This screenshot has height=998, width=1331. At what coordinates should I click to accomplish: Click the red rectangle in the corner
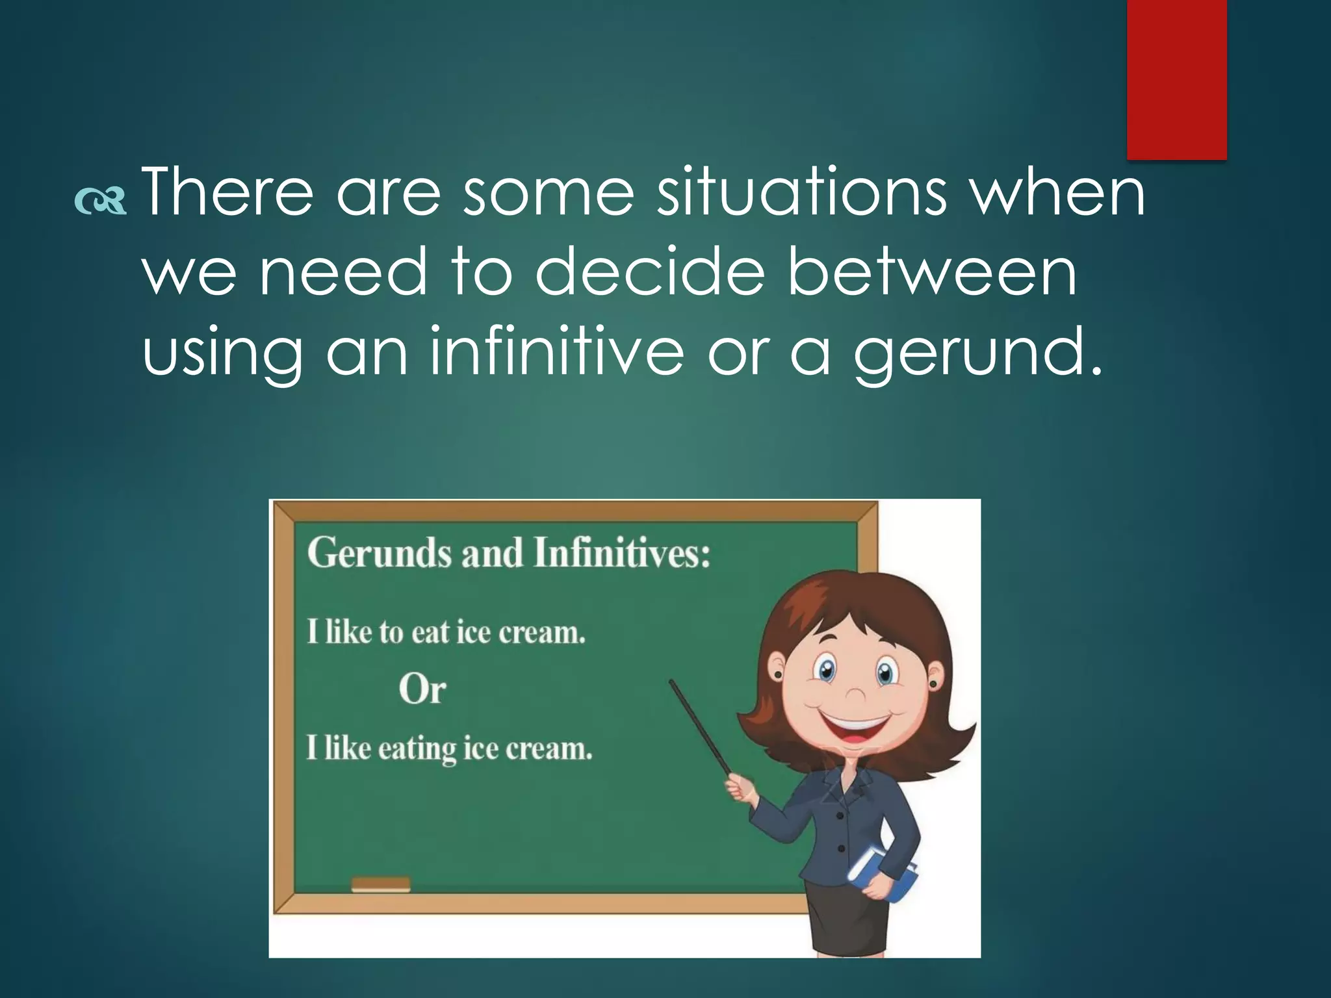tap(1176, 78)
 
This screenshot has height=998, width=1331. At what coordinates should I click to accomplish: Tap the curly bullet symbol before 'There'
tap(100, 201)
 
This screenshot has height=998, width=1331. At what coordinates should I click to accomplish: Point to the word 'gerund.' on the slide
tap(979, 354)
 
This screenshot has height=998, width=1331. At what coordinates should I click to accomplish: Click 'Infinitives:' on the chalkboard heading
tap(622, 553)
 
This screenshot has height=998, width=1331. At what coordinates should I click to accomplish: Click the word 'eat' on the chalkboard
tap(430, 632)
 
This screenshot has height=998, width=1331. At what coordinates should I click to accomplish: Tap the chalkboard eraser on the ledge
tap(381, 884)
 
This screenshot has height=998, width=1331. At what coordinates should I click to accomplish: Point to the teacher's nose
tap(855, 695)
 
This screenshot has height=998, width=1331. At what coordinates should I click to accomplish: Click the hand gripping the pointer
tap(738, 789)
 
